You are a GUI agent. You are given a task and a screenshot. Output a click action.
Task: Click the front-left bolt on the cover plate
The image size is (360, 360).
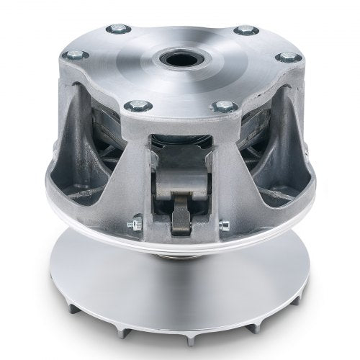point(131,106)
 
